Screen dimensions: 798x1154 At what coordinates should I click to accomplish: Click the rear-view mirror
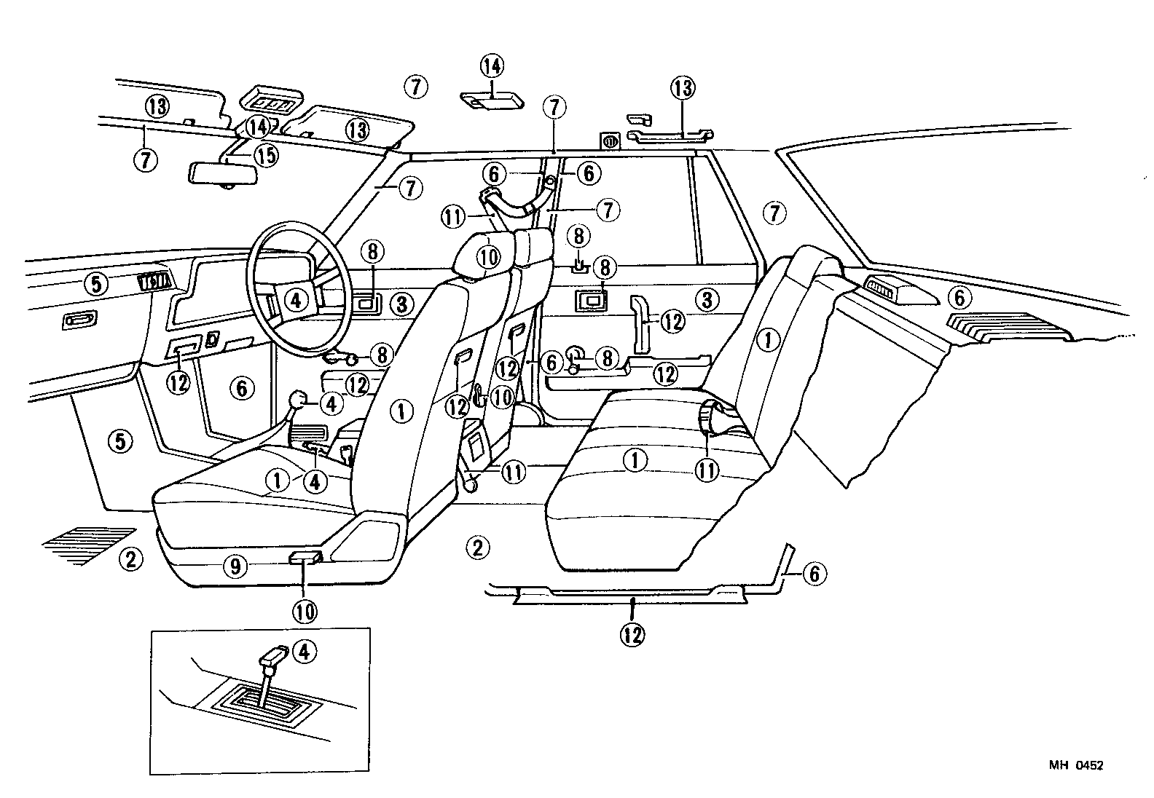(224, 175)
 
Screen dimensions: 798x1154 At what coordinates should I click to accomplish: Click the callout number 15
(266, 155)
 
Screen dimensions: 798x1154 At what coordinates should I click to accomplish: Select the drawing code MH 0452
(1076, 765)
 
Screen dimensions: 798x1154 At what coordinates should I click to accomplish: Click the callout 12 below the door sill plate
(632, 634)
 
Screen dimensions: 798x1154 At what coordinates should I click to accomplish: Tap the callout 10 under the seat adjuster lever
(305, 612)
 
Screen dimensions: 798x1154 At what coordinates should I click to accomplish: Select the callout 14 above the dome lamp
(491, 66)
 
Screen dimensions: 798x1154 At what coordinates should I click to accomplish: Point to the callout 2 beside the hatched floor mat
(130, 560)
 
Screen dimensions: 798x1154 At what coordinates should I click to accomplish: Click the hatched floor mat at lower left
(87, 545)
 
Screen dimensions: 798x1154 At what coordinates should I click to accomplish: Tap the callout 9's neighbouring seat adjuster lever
(305, 558)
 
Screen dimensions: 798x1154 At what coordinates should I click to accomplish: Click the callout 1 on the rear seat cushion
(635, 460)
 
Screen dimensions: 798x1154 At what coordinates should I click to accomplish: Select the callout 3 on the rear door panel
(707, 299)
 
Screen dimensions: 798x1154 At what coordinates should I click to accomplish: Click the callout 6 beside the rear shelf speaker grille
(959, 298)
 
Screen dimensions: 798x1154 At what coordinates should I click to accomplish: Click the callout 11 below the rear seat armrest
(707, 471)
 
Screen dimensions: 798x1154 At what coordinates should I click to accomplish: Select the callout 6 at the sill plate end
(814, 574)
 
